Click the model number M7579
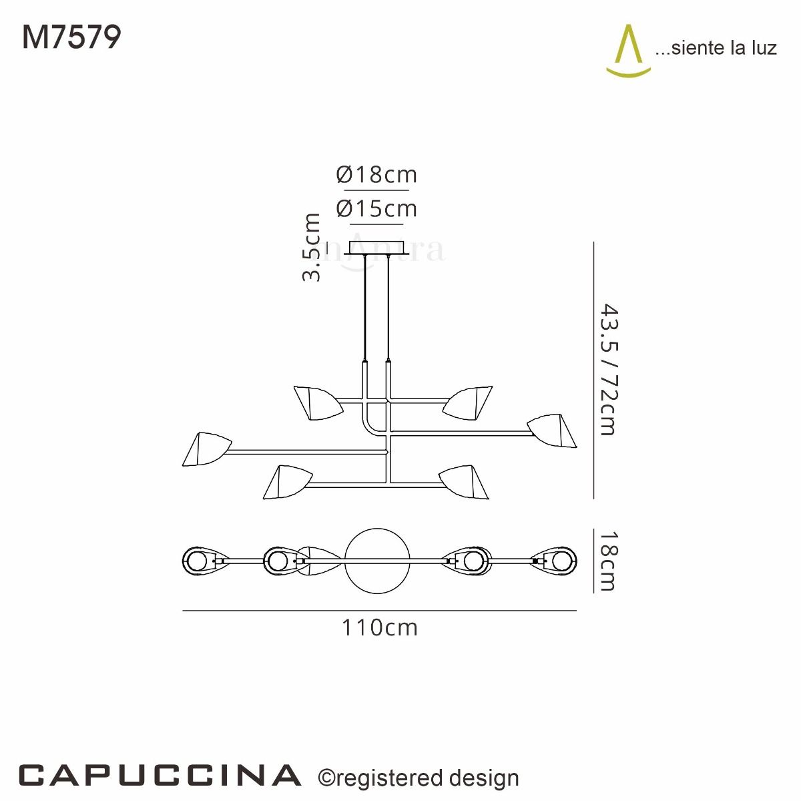(x=72, y=37)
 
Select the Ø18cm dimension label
(x=376, y=175)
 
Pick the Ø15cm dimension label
(x=376, y=209)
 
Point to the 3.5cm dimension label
(x=312, y=247)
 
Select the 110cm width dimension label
(x=379, y=628)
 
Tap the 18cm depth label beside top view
(x=607, y=561)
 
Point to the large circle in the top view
(x=377, y=561)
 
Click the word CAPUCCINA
(x=160, y=776)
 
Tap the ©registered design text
(x=419, y=778)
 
